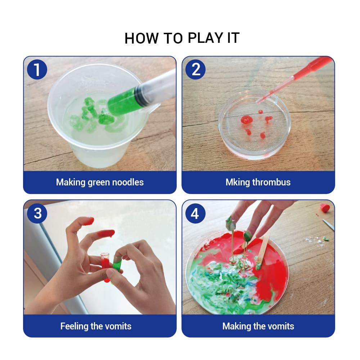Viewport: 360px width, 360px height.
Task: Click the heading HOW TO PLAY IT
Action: [x=182, y=38]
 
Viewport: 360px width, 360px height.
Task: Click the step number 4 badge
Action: [x=195, y=213]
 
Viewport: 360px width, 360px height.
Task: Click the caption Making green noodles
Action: [x=100, y=182]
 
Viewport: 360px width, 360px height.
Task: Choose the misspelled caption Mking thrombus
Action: [x=258, y=182]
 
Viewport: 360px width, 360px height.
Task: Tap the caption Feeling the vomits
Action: [x=96, y=326]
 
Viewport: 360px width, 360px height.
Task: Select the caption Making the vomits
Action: [x=258, y=326]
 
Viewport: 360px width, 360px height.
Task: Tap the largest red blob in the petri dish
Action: [x=246, y=120]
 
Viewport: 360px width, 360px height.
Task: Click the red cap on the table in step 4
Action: [x=325, y=207]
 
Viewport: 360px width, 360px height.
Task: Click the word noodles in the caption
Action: [x=128, y=182]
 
